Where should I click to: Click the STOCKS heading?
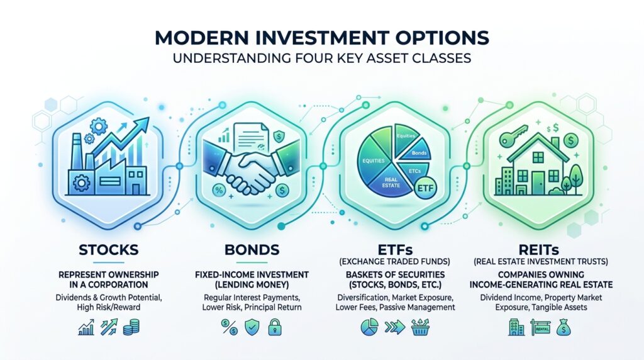[x=108, y=250]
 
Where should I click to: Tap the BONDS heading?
[x=252, y=250]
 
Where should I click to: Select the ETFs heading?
[x=395, y=249]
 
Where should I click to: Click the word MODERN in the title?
[x=201, y=38]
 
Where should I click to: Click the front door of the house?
[x=538, y=183]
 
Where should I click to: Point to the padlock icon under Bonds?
[x=274, y=327]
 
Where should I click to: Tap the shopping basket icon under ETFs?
[x=419, y=327]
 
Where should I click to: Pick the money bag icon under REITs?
[x=563, y=327]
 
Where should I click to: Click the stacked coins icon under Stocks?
[x=131, y=327]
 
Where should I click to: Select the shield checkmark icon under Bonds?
[x=252, y=327]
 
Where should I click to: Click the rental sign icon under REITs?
[x=540, y=327]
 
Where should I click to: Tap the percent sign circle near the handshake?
[x=219, y=190]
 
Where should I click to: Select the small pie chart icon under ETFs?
[x=369, y=327]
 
